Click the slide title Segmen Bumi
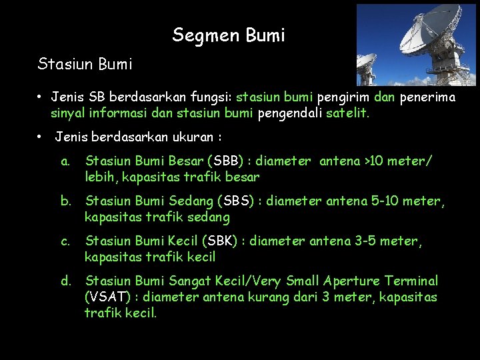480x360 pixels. (228, 35)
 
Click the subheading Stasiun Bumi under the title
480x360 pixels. (85, 65)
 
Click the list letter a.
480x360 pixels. (65, 161)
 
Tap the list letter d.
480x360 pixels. (65, 281)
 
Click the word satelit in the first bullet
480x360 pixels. (347, 113)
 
